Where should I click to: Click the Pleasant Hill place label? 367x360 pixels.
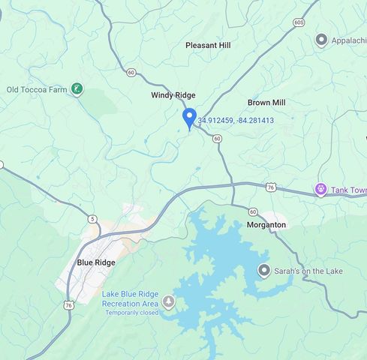208,46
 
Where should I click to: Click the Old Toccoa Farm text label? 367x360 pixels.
37,90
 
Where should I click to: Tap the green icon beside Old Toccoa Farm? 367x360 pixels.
77,89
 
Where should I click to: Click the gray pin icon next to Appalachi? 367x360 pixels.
322,40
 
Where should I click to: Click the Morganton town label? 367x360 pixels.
266,225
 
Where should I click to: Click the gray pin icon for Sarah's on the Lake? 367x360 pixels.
264,270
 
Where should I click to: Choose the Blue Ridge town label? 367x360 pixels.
96,262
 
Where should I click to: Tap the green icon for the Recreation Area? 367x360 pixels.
169,302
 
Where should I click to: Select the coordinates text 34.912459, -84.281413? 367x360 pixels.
236,120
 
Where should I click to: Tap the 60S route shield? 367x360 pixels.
299,22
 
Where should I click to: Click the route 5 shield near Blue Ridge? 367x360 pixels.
92,219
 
